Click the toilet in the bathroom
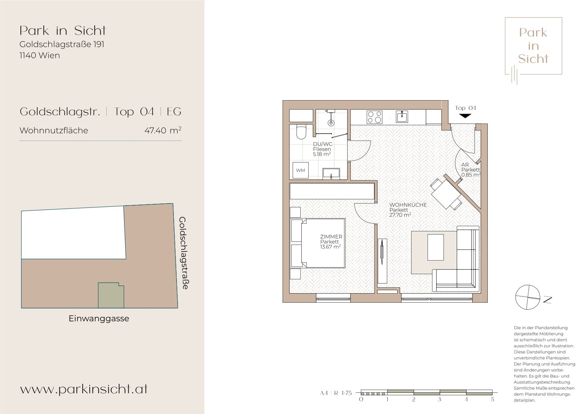tap(301, 133)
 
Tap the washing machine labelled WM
tap(300, 170)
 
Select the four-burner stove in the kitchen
tap(374, 117)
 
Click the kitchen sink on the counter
tap(402, 116)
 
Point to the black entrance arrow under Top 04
tap(465, 116)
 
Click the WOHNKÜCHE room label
tap(408, 210)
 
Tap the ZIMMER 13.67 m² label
tap(331, 241)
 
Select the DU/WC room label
tap(322, 149)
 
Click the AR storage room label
tap(471, 170)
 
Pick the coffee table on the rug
tap(435, 247)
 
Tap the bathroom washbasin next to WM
tap(331, 174)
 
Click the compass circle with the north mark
tap(528, 297)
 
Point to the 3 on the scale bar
tap(439, 399)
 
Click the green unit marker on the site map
tap(111, 295)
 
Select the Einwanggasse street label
tap(99, 318)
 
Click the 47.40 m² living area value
tap(163, 130)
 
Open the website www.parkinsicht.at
tap(84, 389)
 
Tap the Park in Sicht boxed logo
tap(533, 46)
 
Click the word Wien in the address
tap(49, 55)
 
